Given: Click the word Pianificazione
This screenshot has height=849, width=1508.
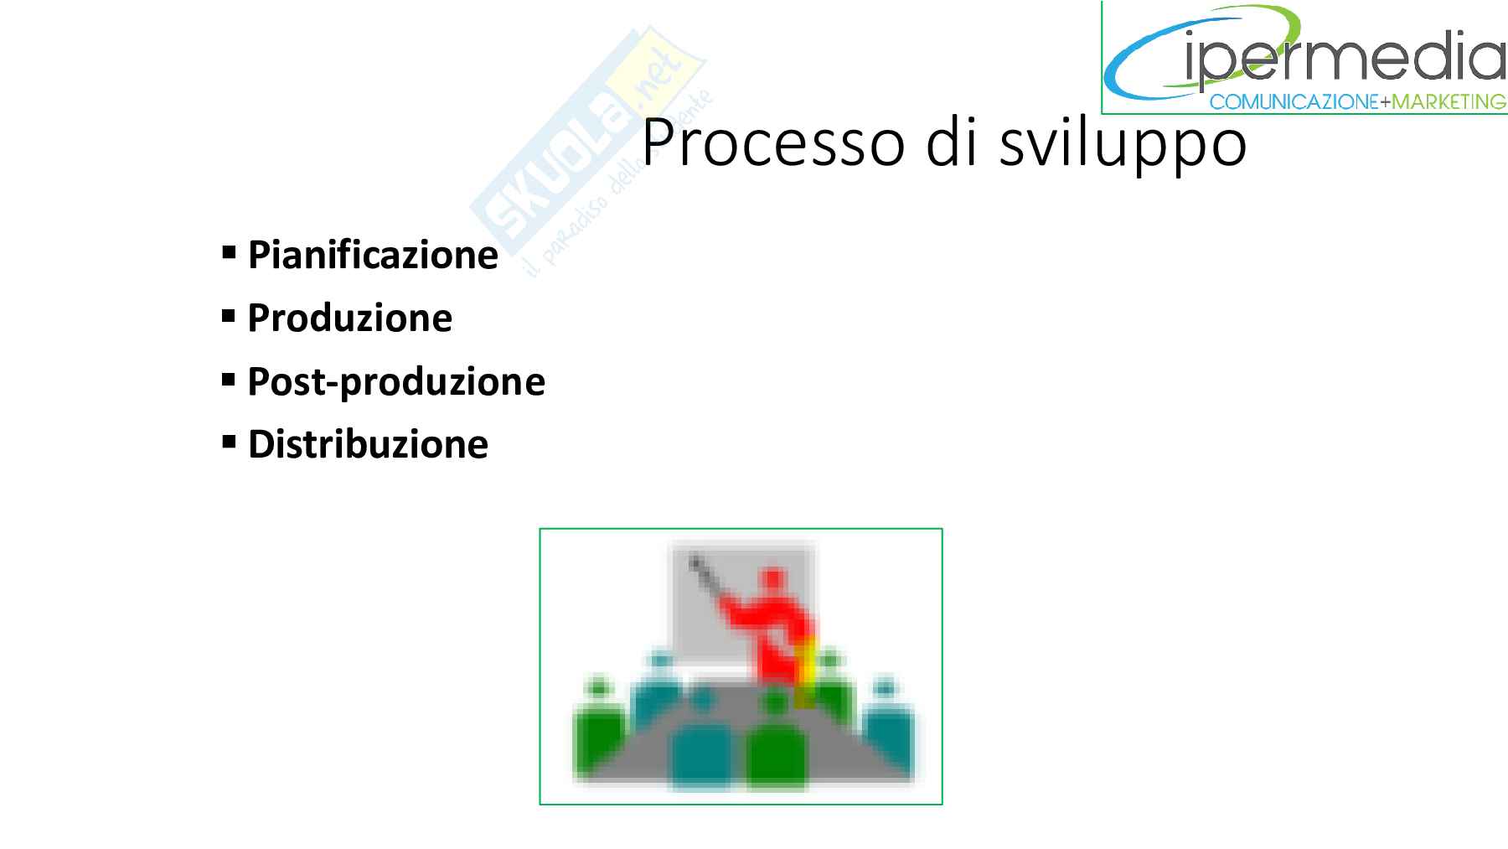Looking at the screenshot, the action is click(373, 255).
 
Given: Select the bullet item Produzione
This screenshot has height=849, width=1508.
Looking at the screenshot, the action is click(349, 318).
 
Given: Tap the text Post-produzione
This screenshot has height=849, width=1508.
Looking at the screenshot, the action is click(396, 382).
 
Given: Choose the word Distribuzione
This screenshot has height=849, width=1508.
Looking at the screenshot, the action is click(368, 444).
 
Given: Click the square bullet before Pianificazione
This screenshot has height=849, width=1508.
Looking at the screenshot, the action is click(229, 252).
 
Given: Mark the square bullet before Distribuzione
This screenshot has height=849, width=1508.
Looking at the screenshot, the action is click(229, 442).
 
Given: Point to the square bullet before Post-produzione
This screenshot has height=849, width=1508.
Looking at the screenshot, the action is click(229, 379).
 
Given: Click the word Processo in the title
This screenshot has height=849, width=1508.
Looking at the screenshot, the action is click(773, 143).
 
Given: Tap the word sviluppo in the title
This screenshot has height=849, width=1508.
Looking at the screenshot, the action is click(1123, 143).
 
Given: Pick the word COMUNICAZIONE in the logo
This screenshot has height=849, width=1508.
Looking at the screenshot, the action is click(1294, 102).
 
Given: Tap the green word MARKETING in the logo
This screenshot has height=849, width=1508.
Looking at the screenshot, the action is click(1449, 102).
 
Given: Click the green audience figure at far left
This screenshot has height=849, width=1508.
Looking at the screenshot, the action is click(598, 724).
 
